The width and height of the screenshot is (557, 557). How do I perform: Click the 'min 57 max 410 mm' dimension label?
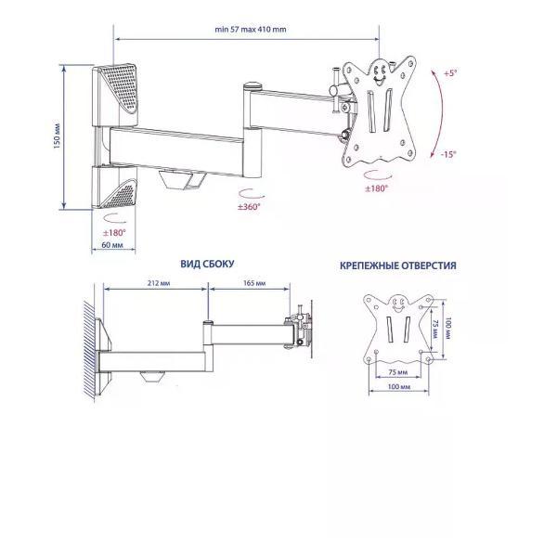tap(251, 30)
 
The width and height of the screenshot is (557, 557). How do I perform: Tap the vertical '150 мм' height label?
tap(57, 136)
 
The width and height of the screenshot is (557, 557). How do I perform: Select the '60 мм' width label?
tap(112, 245)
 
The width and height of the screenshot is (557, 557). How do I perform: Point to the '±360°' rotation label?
tap(249, 206)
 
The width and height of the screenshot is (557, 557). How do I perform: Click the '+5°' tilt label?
tap(450, 73)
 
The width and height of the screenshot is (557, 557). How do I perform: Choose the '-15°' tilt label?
tap(448, 154)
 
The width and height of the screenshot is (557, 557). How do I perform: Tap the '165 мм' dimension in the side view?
tap(254, 283)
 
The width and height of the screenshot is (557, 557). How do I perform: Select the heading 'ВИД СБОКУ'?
tap(207, 264)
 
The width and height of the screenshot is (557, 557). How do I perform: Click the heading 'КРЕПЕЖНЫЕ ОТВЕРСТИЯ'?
tap(398, 266)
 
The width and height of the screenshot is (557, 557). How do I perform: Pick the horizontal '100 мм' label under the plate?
tap(398, 386)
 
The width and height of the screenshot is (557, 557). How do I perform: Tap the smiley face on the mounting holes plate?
tap(398, 304)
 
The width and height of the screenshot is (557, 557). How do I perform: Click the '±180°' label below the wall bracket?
tap(114, 233)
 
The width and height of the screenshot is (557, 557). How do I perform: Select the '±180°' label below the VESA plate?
tap(377, 188)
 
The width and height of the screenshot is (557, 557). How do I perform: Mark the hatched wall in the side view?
tap(89, 350)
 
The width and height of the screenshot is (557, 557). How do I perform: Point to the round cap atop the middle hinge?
tap(253, 86)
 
